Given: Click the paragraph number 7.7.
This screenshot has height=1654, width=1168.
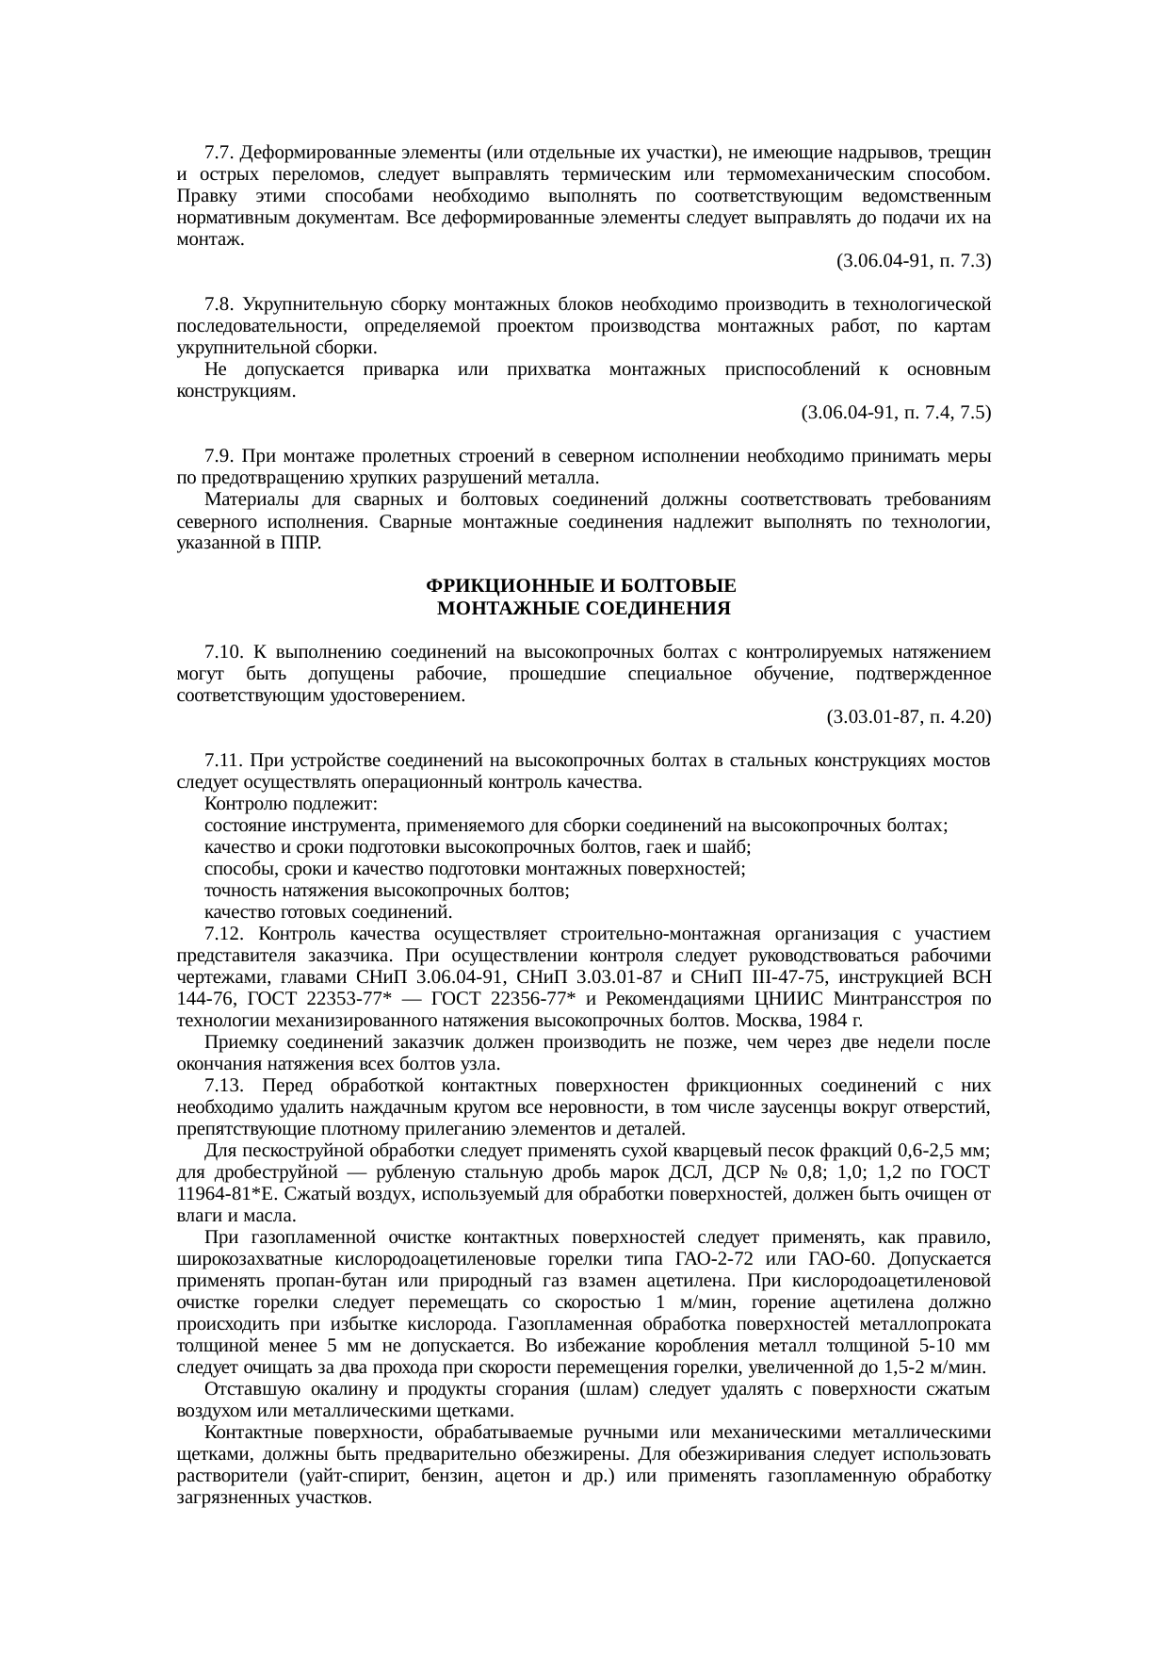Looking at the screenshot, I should [x=219, y=152].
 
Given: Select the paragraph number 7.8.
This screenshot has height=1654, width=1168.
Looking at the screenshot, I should [x=219, y=304].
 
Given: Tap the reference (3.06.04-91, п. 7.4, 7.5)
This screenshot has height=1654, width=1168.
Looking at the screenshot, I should [x=895, y=412].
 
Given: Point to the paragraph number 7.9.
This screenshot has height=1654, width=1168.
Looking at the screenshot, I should [x=219, y=456].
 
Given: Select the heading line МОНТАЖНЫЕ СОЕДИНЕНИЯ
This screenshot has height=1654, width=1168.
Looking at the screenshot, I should [x=584, y=608].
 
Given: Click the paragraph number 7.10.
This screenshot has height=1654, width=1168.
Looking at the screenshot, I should [x=223, y=652].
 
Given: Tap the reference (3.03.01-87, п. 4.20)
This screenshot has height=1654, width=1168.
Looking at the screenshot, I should [x=908, y=717].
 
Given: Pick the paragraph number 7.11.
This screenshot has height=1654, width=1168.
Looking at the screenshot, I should [x=223, y=761].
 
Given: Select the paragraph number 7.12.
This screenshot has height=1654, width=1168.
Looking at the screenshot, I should [x=224, y=934].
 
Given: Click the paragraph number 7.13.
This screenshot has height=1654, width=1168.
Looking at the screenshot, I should [x=224, y=1086].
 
